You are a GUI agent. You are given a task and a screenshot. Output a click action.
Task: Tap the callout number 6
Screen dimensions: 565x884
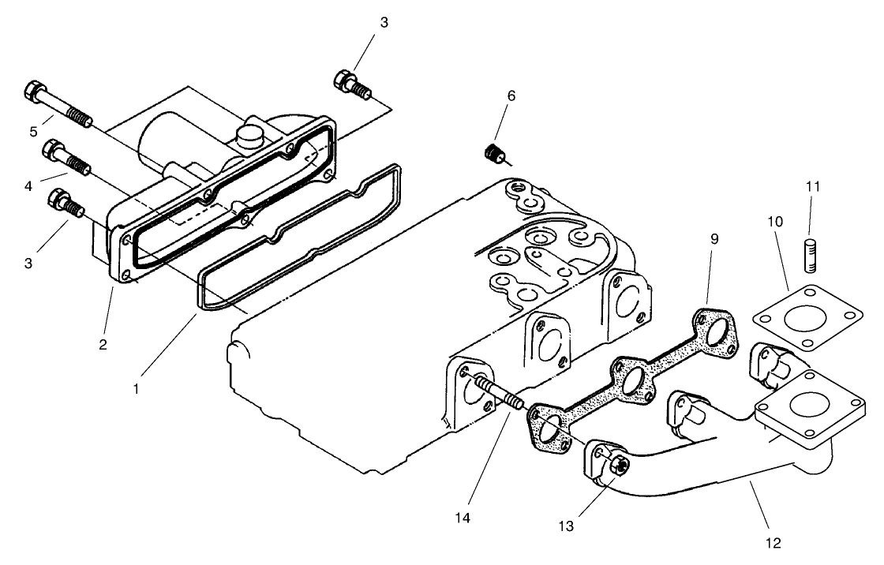pos(511,95)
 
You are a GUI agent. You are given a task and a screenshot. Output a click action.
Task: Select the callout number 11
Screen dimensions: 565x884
pos(813,187)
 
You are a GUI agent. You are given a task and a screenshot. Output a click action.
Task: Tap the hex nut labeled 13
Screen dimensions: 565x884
pos(620,466)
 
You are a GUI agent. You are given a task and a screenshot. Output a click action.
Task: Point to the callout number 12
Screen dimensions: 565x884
pos(773,542)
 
